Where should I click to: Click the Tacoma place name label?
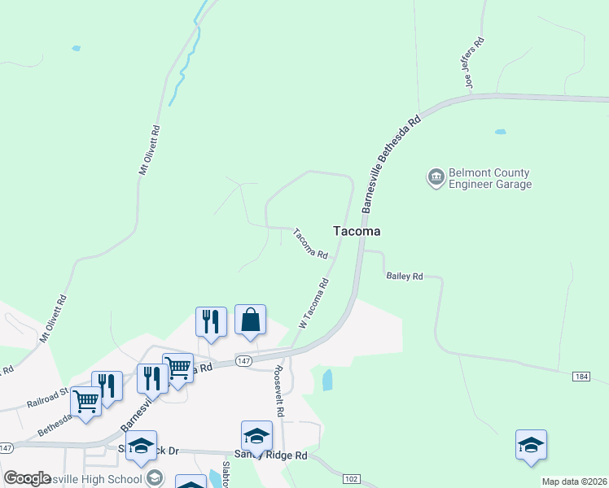pos(357,231)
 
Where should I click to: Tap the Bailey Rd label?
pos(404,277)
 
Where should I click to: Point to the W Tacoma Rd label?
pos(313,303)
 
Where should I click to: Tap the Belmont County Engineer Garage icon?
pos(436,176)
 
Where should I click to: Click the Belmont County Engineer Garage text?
pos(490,179)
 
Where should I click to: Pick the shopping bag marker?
pos(251,320)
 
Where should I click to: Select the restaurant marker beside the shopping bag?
pos(211,320)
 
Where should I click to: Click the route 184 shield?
pos(581,376)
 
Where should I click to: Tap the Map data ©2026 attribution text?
pos(575,481)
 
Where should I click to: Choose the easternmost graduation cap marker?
pos(531,445)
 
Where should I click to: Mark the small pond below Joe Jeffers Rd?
pos(500,132)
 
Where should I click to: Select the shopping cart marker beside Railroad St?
pos(85,399)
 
